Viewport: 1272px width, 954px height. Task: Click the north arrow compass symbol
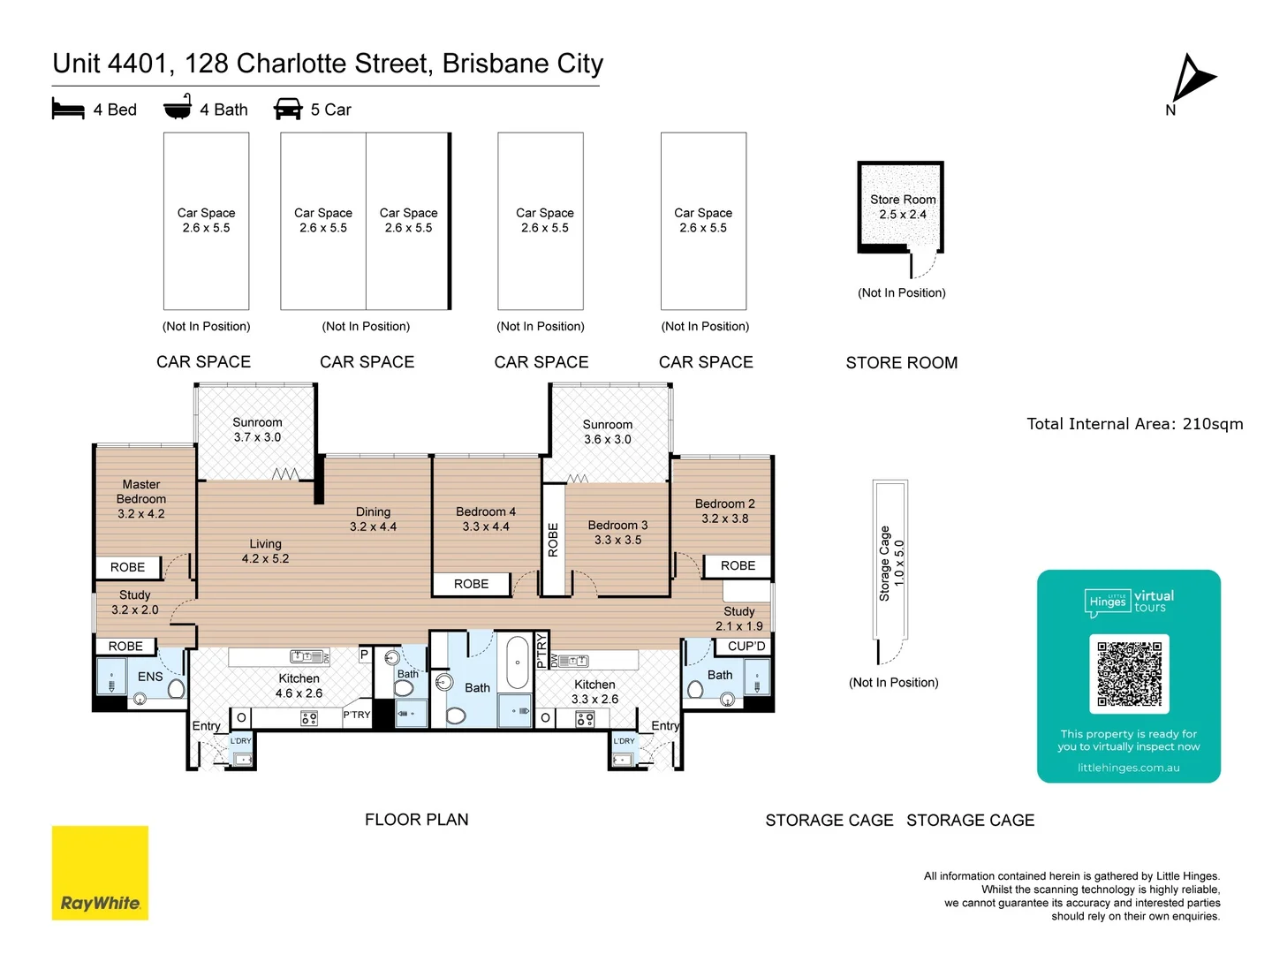pos(1192,79)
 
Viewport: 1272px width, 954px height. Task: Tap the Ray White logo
pos(100,873)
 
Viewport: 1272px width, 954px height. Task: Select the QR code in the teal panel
pos(1129,674)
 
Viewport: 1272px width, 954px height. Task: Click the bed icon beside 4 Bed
pos(68,110)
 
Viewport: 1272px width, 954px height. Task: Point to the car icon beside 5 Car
pos(288,110)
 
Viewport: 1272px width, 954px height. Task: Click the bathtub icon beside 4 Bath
pos(178,107)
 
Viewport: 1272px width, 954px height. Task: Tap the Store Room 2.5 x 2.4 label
pos(902,207)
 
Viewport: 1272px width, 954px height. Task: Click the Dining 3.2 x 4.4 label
pos(373,519)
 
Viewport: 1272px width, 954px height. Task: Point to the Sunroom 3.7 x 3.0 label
pos(257,430)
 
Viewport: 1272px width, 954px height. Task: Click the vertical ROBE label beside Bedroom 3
pos(554,540)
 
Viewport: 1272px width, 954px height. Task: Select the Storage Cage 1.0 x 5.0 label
pos(890,564)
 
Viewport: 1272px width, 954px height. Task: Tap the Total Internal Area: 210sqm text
pos(1134,424)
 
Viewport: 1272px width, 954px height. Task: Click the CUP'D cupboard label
pos(746,647)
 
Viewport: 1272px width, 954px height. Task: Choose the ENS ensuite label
pos(150,677)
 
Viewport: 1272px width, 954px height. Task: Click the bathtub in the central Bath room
pos(517,662)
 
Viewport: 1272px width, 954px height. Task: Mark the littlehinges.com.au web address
pos(1128,768)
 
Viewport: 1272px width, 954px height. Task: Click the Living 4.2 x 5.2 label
pos(265,551)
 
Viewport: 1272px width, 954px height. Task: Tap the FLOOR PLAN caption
pos(416,820)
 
